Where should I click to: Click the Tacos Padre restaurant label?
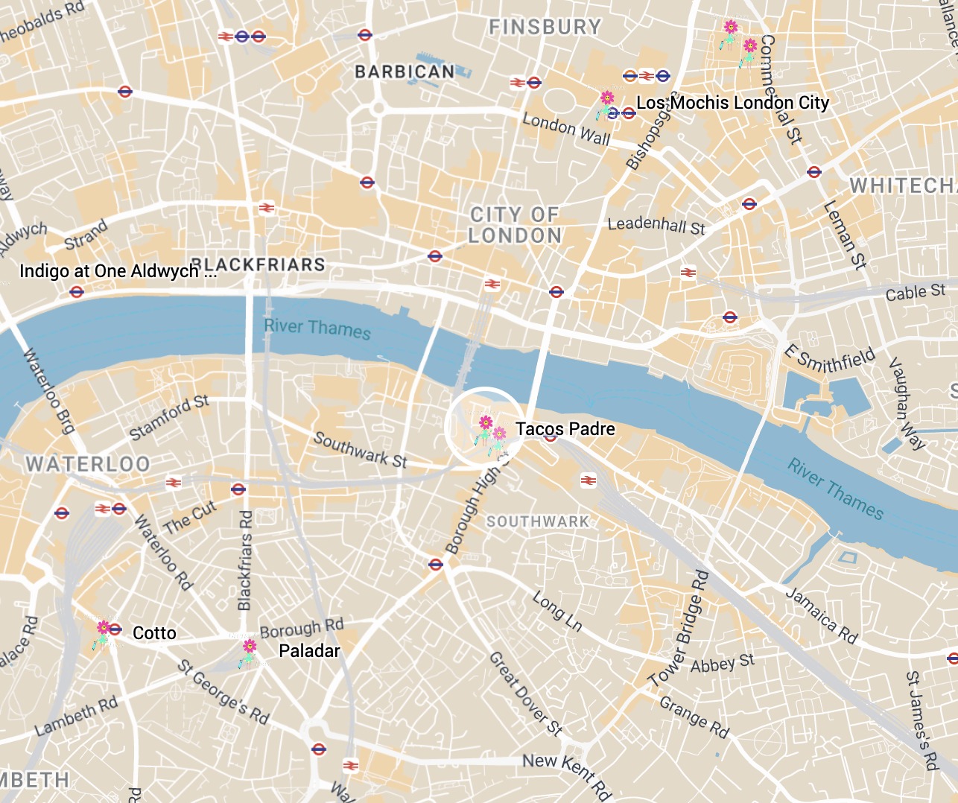pyautogui.click(x=565, y=429)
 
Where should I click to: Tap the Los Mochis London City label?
pyautogui.click(x=732, y=103)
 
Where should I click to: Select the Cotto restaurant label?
pyautogui.click(x=154, y=633)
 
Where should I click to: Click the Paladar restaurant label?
pyautogui.click(x=309, y=651)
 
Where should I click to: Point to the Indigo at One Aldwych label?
pyautogui.click(x=118, y=271)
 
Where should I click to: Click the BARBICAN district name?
pyautogui.click(x=405, y=72)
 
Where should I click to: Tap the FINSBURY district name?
pyautogui.click(x=545, y=27)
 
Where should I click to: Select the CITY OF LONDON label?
pyautogui.click(x=515, y=225)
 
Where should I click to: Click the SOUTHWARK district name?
pyautogui.click(x=538, y=521)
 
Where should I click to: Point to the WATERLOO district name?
pyautogui.click(x=88, y=464)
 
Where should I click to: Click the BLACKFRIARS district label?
pyautogui.click(x=258, y=264)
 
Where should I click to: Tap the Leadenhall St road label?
pyautogui.click(x=656, y=225)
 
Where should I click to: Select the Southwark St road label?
pyautogui.click(x=360, y=450)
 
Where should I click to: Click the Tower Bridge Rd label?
pyautogui.click(x=679, y=629)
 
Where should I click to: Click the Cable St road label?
pyautogui.click(x=915, y=293)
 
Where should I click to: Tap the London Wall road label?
pyautogui.click(x=566, y=129)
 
